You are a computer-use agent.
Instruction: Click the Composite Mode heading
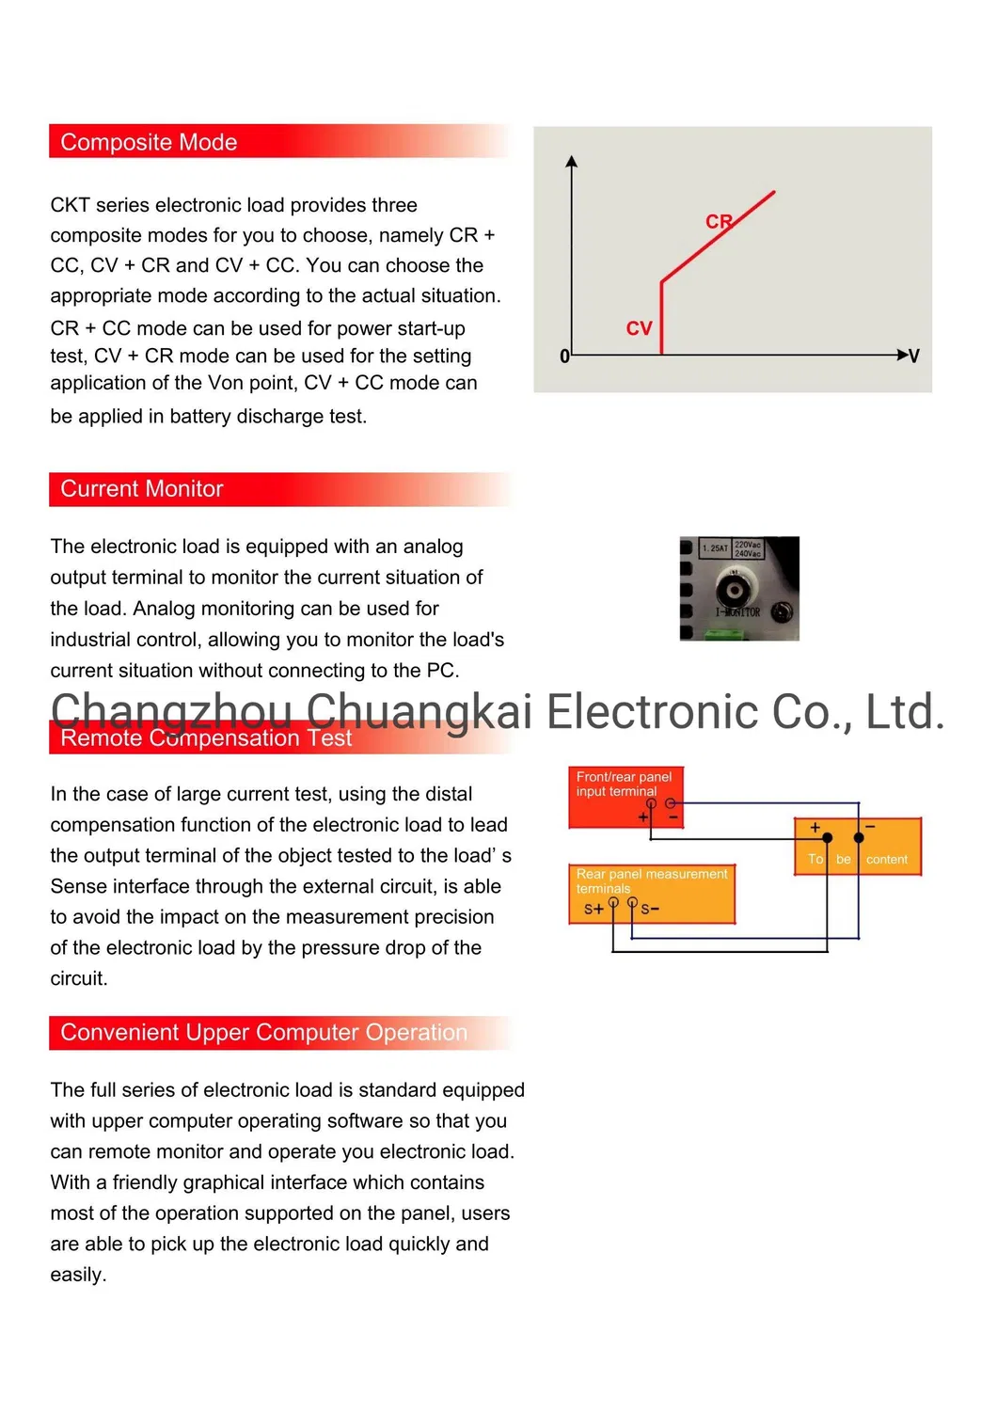[x=149, y=142]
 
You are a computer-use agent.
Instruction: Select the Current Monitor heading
[x=142, y=489]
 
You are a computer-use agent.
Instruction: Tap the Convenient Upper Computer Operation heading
[x=263, y=1033]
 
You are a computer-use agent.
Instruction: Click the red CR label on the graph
[x=719, y=222]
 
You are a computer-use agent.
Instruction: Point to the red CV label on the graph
[x=639, y=328]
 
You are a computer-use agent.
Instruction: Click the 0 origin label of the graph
[x=564, y=357]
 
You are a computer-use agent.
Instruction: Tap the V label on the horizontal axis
[x=914, y=356]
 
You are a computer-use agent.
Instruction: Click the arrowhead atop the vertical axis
[x=571, y=162]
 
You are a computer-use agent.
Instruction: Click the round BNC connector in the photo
[x=733, y=591]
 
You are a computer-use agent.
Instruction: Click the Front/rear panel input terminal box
[x=625, y=797]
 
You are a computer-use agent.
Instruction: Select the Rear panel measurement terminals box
[x=651, y=894]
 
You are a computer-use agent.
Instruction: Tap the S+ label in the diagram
[x=593, y=909]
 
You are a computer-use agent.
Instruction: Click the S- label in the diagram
[x=650, y=909]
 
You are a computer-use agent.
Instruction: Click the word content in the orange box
[x=886, y=860]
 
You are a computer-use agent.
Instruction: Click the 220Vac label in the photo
[x=748, y=545]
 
